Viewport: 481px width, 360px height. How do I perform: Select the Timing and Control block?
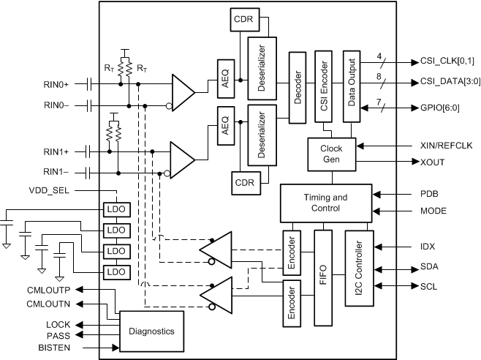(325, 203)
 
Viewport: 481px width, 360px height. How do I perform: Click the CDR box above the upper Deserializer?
(242, 20)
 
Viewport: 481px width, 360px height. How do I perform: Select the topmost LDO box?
(116, 210)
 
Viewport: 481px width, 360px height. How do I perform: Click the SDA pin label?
(429, 267)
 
